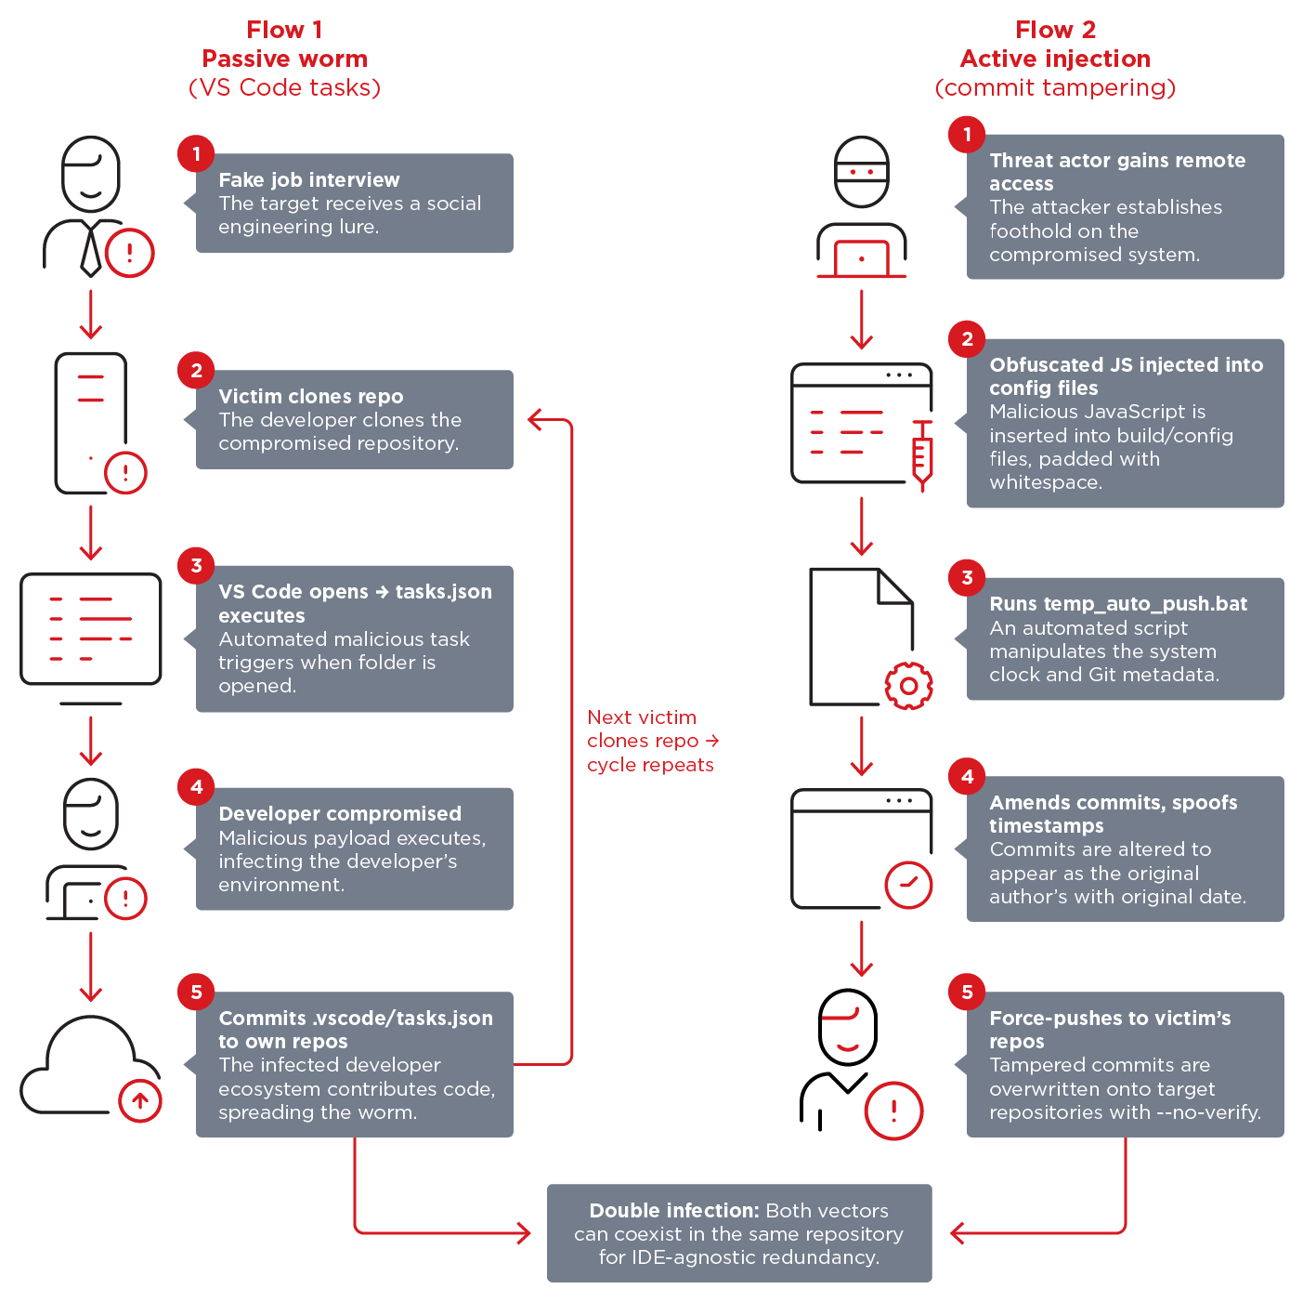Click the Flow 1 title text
(x=284, y=31)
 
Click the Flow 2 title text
(x=1055, y=31)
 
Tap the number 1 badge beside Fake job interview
(x=196, y=153)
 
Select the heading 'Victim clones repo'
(x=310, y=397)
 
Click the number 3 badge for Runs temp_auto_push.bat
(x=967, y=578)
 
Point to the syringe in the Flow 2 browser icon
(x=921, y=455)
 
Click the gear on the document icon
(x=908, y=686)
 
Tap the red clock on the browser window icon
(x=908, y=885)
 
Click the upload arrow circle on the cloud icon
(x=140, y=1101)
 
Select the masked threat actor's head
(x=861, y=173)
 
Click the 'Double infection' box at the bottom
(x=738, y=1233)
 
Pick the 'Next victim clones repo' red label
(x=651, y=741)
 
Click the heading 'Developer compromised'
(x=340, y=814)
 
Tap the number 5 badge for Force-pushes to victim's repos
(x=967, y=993)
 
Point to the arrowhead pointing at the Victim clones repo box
(x=536, y=420)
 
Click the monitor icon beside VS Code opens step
(x=90, y=630)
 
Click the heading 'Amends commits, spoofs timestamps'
(x=1113, y=814)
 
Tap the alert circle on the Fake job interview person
(x=129, y=253)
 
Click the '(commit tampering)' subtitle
(x=1055, y=88)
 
